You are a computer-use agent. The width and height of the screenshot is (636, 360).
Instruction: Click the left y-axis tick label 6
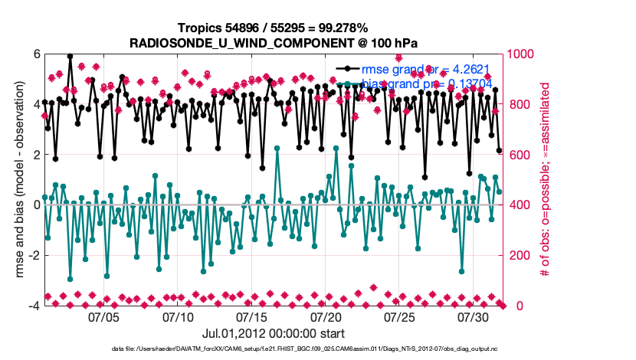click(36, 54)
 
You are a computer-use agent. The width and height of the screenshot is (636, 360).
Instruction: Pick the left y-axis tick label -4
click(34, 306)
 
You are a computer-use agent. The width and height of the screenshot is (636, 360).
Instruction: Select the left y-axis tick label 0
click(36, 205)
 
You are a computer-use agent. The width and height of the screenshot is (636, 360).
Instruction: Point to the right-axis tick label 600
click(517, 155)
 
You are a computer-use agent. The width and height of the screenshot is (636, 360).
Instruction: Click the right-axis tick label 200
click(517, 255)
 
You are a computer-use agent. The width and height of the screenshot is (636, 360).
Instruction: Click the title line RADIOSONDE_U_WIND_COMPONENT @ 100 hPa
click(274, 40)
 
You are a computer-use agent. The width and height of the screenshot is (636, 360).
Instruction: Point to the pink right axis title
click(546, 180)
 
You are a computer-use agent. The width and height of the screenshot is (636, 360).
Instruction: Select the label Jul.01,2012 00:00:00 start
click(274, 333)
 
